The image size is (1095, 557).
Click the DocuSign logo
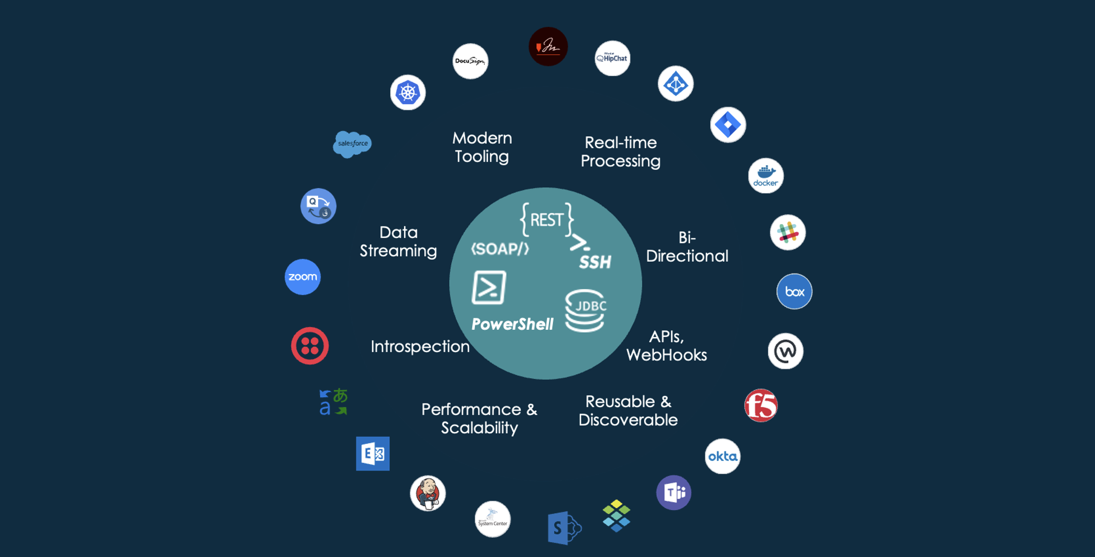pyautogui.click(x=470, y=61)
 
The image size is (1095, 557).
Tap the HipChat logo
pyautogui.click(x=612, y=58)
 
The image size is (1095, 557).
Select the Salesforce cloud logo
pyautogui.click(x=352, y=144)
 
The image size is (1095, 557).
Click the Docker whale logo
pyautogui.click(x=766, y=176)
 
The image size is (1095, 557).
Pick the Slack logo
pyautogui.click(x=787, y=232)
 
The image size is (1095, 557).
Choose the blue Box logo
pyautogui.click(x=794, y=291)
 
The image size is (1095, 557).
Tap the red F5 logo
pyautogui.click(x=761, y=405)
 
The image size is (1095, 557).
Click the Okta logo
pyautogui.click(x=723, y=456)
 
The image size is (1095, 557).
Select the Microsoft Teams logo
pyautogui.click(x=673, y=492)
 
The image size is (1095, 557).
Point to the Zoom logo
pyautogui.click(x=303, y=277)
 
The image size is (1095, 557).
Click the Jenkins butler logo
pyautogui.click(x=428, y=493)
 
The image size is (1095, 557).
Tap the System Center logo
pyautogui.click(x=492, y=519)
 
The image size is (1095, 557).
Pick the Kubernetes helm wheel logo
pyautogui.click(x=408, y=93)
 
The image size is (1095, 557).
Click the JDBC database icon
pyautogui.click(x=586, y=310)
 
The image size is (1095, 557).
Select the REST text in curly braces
pyautogui.click(x=547, y=219)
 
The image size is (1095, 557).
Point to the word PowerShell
pyautogui.click(x=512, y=324)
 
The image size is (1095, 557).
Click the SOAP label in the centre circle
pyautogui.click(x=500, y=249)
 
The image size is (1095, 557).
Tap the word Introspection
pyautogui.click(x=420, y=346)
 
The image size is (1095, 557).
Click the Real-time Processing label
pyautogui.click(x=620, y=152)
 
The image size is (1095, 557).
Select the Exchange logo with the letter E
pyautogui.click(x=373, y=454)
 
